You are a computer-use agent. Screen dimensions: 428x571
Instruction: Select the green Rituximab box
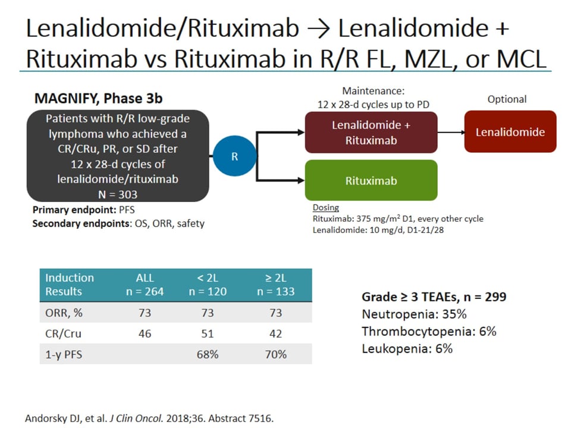tap(371, 180)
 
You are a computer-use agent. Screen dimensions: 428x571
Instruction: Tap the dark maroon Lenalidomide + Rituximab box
tap(371, 132)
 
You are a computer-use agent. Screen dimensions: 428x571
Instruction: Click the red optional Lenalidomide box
tap(510, 132)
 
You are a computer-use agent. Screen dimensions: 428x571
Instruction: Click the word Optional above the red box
tap(507, 99)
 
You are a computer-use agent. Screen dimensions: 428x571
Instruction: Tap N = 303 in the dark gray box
tap(117, 194)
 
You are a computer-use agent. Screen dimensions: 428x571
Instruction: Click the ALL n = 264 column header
tap(145, 284)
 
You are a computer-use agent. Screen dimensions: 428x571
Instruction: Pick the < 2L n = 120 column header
tap(208, 284)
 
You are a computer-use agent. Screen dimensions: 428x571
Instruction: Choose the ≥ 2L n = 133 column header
tap(275, 284)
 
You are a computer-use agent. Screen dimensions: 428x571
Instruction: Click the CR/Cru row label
tap(64, 333)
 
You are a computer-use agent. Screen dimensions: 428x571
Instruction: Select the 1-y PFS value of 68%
tap(208, 354)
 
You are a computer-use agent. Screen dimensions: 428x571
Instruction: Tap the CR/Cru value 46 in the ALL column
tap(145, 333)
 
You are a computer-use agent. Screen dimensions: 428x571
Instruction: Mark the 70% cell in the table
tap(275, 354)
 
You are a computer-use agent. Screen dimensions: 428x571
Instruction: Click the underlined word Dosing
tap(326, 208)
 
